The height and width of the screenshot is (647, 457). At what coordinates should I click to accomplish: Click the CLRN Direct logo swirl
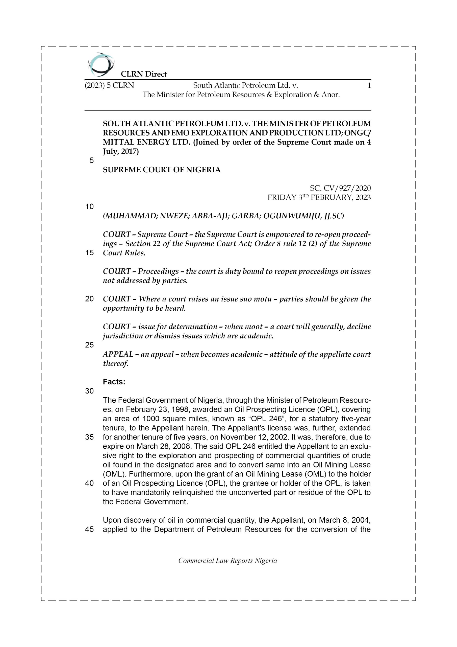tap(101, 65)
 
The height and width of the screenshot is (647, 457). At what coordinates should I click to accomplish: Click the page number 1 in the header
tap(369, 85)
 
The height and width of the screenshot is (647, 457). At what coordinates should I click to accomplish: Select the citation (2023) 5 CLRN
tap(109, 85)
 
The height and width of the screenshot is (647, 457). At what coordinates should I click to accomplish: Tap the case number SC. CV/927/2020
tap(340, 188)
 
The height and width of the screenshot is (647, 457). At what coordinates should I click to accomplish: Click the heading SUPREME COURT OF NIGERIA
tap(162, 170)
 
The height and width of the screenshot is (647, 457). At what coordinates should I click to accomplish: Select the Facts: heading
tap(114, 382)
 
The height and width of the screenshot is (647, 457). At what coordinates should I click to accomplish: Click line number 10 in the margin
tap(89, 206)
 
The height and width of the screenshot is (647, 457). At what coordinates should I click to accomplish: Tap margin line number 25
tap(89, 345)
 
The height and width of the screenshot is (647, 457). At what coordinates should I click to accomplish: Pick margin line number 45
tap(89, 529)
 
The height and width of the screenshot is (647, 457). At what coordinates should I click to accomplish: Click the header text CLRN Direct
tap(144, 74)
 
